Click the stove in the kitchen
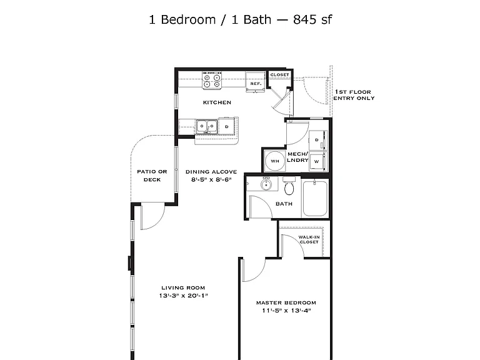[x=211, y=81]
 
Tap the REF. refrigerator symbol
[x=255, y=81]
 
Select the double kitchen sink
[x=207, y=127]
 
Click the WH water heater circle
[x=275, y=161]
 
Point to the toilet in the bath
[x=289, y=186]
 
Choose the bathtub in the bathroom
[x=315, y=198]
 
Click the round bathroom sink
[x=266, y=184]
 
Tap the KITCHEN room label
[x=217, y=102]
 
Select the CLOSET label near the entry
[x=279, y=75]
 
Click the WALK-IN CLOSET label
[x=309, y=239]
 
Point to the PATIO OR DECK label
[x=152, y=176]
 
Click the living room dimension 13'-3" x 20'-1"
[x=183, y=296]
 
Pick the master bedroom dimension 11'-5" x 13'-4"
[x=286, y=311]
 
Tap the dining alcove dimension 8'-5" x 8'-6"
[x=211, y=180]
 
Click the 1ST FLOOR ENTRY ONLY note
[x=354, y=95]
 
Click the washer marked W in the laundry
[x=317, y=161]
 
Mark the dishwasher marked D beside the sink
[x=227, y=126]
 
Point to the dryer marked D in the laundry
[x=317, y=140]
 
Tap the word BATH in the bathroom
[x=284, y=204]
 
